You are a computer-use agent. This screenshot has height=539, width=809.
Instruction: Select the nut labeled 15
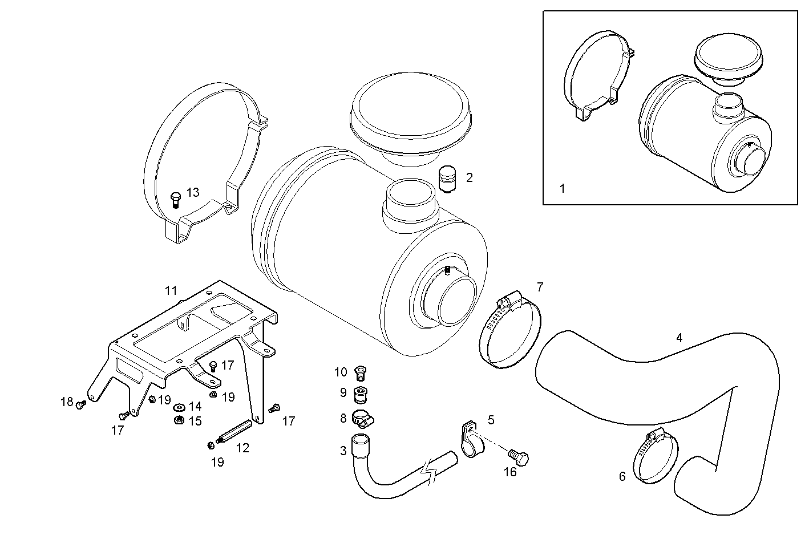tap(178, 421)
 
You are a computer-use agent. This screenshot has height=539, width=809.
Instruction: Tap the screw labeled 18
tap(80, 404)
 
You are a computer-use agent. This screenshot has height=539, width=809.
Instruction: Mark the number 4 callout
tap(679, 338)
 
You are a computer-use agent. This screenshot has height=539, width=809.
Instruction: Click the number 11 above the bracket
tap(171, 290)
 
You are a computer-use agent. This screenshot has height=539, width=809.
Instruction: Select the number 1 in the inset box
tap(562, 188)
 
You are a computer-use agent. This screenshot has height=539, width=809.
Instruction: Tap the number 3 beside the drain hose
tap(343, 451)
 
